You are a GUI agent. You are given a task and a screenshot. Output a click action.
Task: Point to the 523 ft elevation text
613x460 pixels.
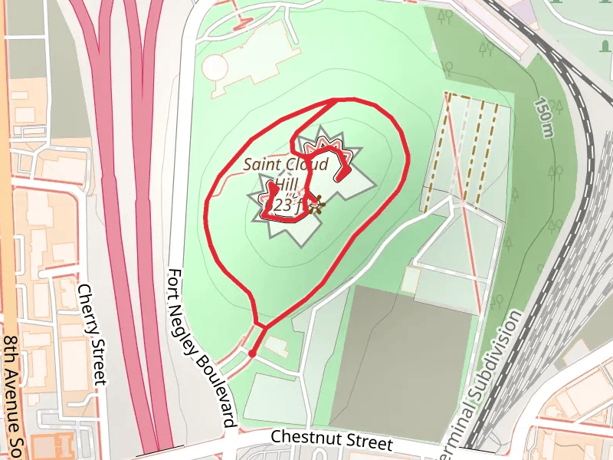click(x=290, y=205)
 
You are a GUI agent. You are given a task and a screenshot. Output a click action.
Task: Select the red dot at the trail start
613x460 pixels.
click(x=252, y=353)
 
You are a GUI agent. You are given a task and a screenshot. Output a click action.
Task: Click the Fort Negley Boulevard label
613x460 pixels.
click(x=201, y=348)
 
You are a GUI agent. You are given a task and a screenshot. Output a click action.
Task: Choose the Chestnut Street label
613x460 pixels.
click(x=332, y=440)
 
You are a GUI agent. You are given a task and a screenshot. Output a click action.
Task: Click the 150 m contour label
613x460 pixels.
click(x=545, y=118)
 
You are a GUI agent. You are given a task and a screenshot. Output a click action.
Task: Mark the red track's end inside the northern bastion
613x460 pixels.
click(x=339, y=177)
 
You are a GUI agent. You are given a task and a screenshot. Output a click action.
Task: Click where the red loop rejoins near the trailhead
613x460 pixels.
click(x=264, y=326)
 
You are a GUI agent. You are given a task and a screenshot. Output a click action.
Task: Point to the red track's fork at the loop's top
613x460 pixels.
click(x=336, y=100)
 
